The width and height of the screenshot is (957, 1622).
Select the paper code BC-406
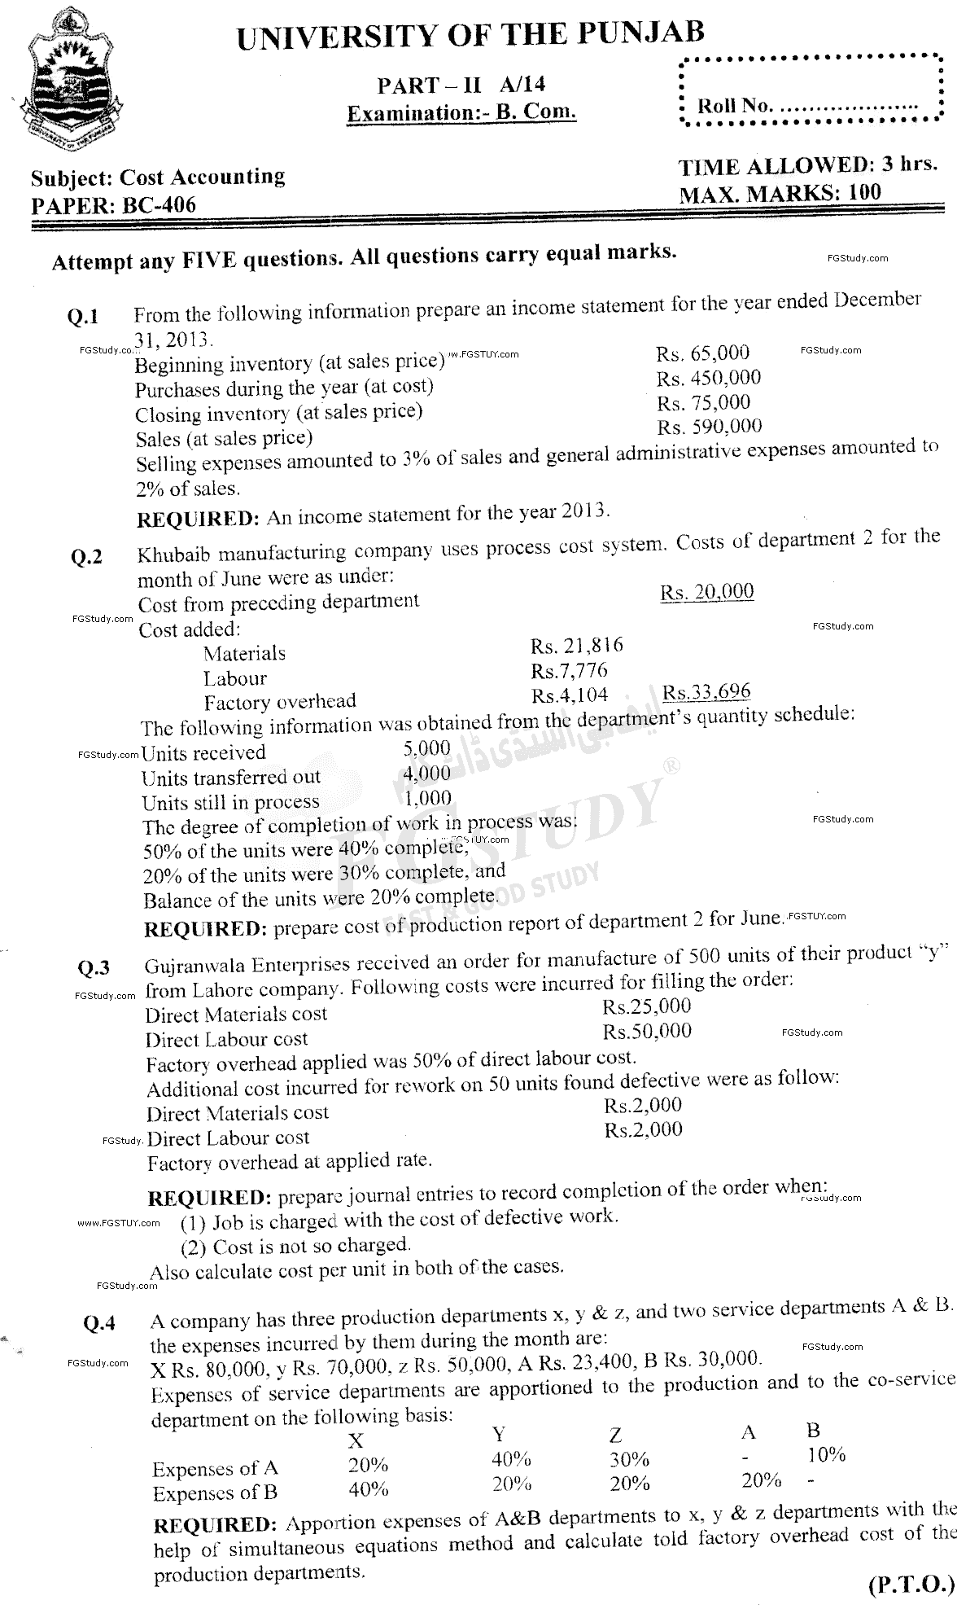pos(159,204)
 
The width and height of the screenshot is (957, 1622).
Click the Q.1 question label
pos(83,318)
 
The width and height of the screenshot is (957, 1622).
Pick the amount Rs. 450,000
pos(709,378)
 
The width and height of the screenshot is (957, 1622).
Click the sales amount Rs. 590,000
pos(710,427)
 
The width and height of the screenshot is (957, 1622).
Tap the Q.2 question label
pos(87,557)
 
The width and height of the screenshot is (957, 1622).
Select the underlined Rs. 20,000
pos(706,592)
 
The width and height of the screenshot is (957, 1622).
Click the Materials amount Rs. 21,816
pos(577,646)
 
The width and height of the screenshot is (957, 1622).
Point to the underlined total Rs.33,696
pos(706,693)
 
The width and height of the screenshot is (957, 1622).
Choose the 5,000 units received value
pos(426,747)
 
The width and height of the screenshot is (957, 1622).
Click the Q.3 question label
pos(94,967)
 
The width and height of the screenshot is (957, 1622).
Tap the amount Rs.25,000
pos(646,1006)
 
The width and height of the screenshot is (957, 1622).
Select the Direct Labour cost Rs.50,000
pos(647,1032)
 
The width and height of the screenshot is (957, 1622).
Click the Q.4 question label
pos(99,1323)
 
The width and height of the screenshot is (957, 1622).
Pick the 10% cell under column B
pos(826,1453)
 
